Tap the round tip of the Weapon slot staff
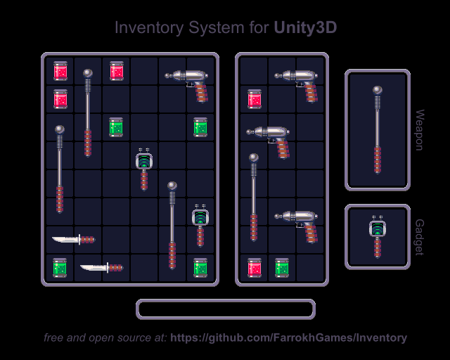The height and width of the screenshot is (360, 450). (378, 90)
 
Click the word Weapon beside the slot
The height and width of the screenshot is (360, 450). (419, 130)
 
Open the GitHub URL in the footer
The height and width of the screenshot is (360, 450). (288, 337)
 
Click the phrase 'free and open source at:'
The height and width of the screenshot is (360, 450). (105, 337)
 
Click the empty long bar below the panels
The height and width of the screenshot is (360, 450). (226, 309)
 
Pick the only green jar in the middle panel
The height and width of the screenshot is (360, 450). (282, 267)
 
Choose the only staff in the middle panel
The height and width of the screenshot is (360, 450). (254, 197)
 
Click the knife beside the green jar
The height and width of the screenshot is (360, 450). (101, 267)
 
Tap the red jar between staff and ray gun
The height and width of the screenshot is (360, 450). (116, 70)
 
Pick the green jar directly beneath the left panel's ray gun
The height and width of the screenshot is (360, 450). (200, 127)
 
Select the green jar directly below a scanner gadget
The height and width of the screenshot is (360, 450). (200, 267)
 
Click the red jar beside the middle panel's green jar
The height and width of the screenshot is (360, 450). (254, 267)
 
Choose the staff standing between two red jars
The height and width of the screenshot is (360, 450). (88, 112)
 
